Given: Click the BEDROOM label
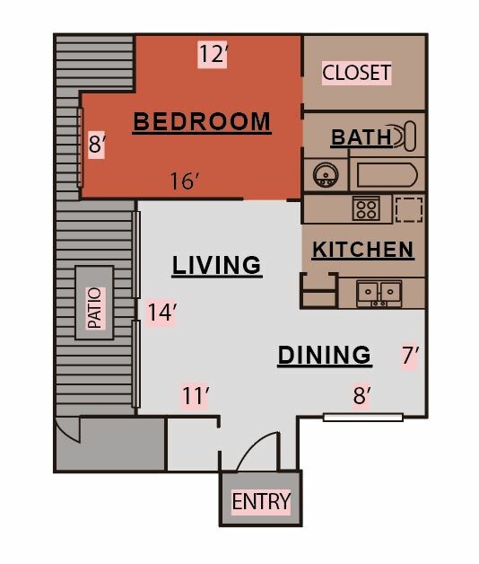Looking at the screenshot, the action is [202, 121].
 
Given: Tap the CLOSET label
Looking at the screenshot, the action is [356, 73].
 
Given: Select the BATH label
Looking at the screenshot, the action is [361, 137].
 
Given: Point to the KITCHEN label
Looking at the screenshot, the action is [363, 250].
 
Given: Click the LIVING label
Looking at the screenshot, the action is [217, 266].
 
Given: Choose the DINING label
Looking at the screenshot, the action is [325, 355].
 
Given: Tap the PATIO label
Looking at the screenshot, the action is [95, 308].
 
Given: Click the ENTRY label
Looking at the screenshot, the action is [261, 501].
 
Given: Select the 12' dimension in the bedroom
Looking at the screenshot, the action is [213, 54].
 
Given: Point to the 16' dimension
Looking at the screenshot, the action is [185, 181].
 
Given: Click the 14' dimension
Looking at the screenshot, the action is [162, 313].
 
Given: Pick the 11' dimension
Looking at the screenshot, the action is [196, 396].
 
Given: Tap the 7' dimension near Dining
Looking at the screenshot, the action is [410, 356].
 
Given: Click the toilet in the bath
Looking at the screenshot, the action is [405, 137].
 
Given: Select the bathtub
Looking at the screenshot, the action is [387, 175].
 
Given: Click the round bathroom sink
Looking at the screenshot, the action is [326, 175].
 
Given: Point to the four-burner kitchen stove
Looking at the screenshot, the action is [366, 208].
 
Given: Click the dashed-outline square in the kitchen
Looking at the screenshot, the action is [409, 209].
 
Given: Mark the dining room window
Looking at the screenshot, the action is [363, 418].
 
